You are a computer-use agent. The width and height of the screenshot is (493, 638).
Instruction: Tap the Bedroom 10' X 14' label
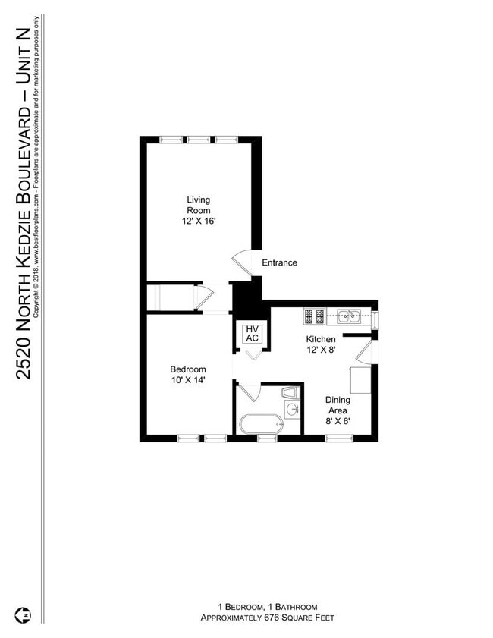click(187, 374)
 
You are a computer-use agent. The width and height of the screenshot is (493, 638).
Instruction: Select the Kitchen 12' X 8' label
click(321, 344)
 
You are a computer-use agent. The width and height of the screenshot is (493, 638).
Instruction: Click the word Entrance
click(279, 263)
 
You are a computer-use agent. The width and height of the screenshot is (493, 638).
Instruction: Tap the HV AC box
click(252, 334)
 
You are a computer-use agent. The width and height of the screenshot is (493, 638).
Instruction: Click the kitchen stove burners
click(314, 315)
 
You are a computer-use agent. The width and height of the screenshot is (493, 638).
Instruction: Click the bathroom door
click(250, 391)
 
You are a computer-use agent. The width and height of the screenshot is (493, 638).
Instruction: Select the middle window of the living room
click(199, 139)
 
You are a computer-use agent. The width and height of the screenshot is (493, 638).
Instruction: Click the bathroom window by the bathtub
click(267, 438)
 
